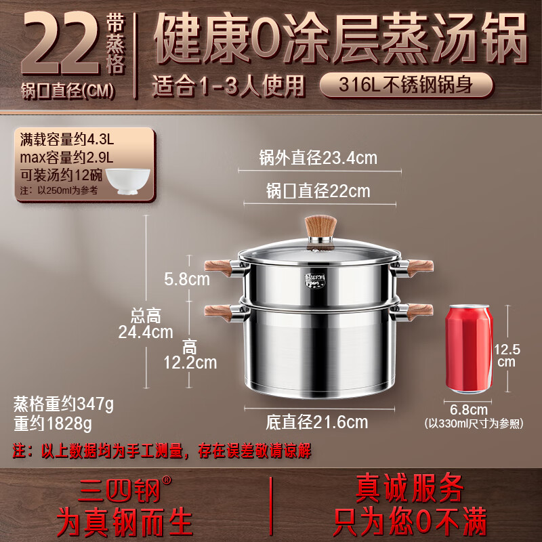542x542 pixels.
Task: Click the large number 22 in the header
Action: [x=61, y=43]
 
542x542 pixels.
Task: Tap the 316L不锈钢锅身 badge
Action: [x=406, y=85]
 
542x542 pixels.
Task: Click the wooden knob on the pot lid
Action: [x=320, y=229]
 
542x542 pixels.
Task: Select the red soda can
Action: [x=469, y=349]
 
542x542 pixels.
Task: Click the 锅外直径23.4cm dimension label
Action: [x=318, y=158]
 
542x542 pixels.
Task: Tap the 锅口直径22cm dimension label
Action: [x=318, y=191]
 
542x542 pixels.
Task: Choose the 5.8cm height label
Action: [x=187, y=279]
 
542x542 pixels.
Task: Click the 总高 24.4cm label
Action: [x=146, y=324]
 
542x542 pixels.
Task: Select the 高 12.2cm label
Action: [x=190, y=354]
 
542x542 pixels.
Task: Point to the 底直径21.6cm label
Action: [x=316, y=422]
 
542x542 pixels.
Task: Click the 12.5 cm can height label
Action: [x=507, y=355]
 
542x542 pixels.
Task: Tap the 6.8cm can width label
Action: [x=469, y=410]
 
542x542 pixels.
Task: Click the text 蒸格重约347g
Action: [x=64, y=404]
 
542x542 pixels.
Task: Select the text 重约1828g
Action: [x=53, y=423]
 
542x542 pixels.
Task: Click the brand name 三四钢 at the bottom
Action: [x=119, y=489]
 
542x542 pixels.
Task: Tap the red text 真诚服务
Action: [x=410, y=488]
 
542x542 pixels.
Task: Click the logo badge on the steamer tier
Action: [x=315, y=280]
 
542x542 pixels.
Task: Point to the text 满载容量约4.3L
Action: [x=66, y=140]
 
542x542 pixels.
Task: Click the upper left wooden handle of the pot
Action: [x=217, y=268]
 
